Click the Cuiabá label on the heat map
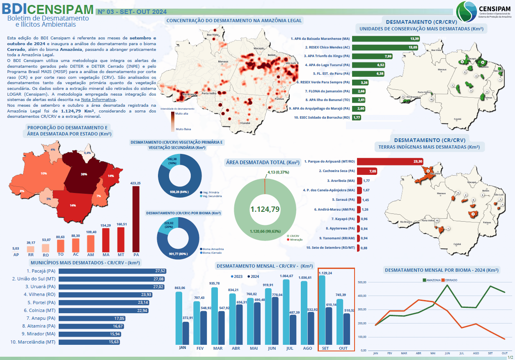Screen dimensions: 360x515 pyautogui.click(x=245, y=123)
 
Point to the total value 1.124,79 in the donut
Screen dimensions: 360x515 pyautogui.click(x=265, y=209)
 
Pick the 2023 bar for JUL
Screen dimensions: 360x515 pyautogui.click(x=286, y=312)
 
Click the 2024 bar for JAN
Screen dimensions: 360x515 pyautogui.click(x=185, y=333)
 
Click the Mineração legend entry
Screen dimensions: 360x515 pyautogui.click(x=296, y=239)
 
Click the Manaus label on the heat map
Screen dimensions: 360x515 pyautogui.click(x=223, y=62)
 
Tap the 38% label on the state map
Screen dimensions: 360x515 pyautogui.click(x=84, y=174)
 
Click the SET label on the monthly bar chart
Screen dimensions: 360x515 pyautogui.click(x=325, y=348)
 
